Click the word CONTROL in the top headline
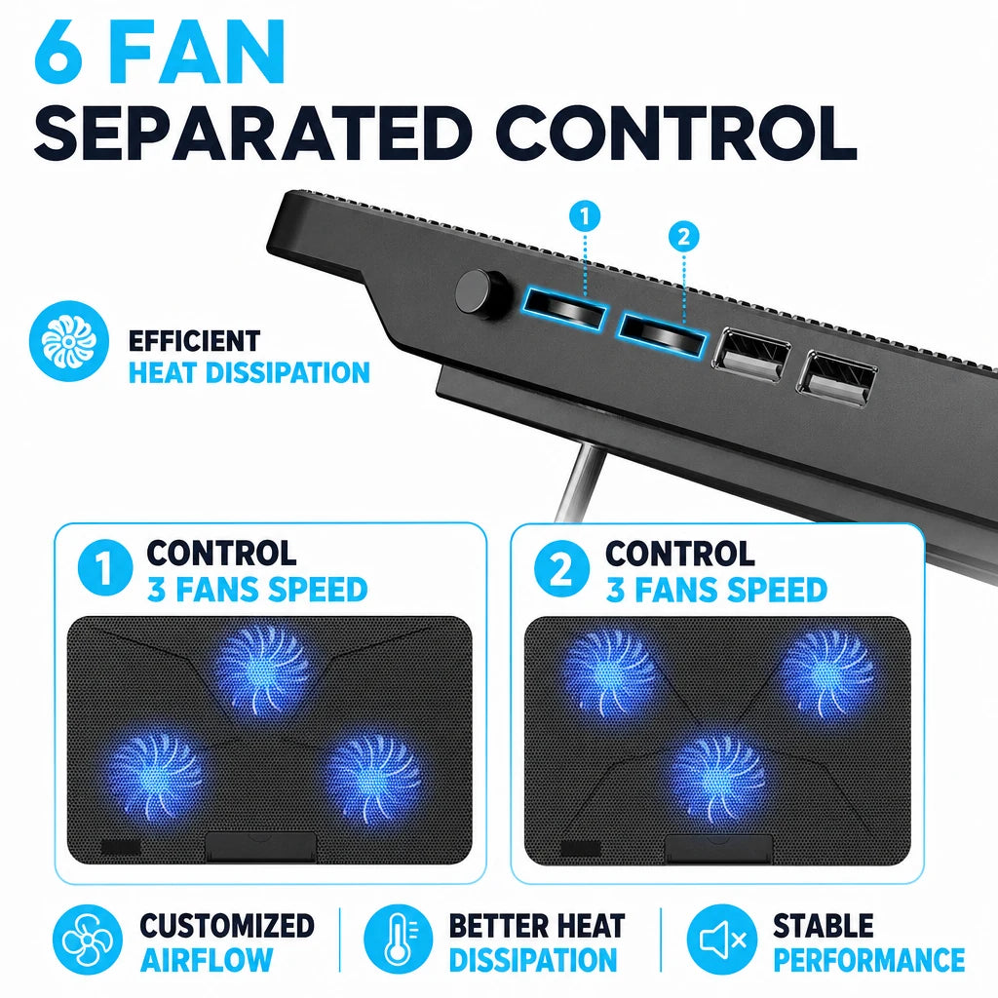click(x=676, y=134)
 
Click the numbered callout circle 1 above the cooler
click(x=585, y=216)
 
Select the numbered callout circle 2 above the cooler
click(x=683, y=237)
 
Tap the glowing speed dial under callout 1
click(x=565, y=309)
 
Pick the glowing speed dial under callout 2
click(x=662, y=333)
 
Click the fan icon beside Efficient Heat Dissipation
click(x=69, y=341)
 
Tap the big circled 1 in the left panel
click(x=105, y=568)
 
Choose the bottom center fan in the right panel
click(x=719, y=778)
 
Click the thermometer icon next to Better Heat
click(x=399, y=940)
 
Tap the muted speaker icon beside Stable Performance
click(x=722, y=940)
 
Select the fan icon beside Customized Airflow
click(x=87, y=940)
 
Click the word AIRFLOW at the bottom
click(x=207, y=960)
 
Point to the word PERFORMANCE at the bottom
click(x=868, y=960)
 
